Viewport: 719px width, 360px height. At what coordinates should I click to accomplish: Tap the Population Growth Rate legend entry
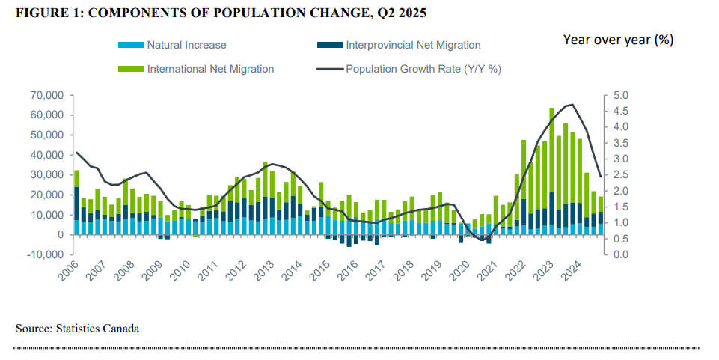[423, 69]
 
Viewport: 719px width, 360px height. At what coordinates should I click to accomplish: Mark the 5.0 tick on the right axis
[621, 95]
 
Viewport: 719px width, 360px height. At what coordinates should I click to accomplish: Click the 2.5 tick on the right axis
[621, 175]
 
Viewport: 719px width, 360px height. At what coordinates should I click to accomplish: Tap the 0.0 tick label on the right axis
[621, 254]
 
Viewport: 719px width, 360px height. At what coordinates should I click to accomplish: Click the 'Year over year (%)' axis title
[618, 40]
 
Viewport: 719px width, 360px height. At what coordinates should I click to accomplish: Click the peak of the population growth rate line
[572, 104]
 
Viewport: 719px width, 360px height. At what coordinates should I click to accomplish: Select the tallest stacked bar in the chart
[551, 172]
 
